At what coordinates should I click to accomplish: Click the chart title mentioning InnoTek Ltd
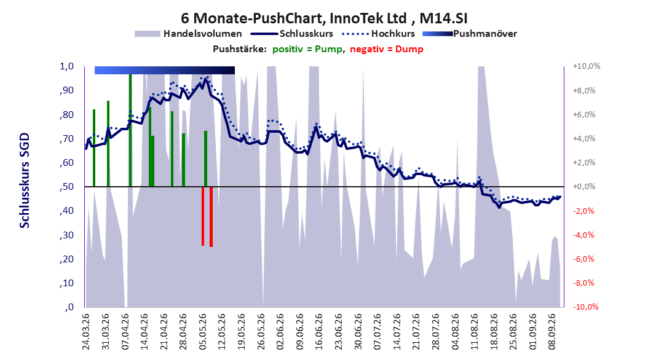click(x=324, y=18)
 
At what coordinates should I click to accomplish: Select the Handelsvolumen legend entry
click(x=188, y=34)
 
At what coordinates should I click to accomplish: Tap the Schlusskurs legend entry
click(x=292, y=34)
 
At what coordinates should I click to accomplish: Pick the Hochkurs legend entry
click(x=378, y=34)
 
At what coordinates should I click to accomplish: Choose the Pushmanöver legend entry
click(x=470, y=34)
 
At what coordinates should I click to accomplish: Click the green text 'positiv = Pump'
click(x=307, y=49)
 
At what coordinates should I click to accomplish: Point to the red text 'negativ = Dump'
click(x=387, y=49)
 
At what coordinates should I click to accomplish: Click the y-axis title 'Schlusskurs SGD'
click(x=25, y=181)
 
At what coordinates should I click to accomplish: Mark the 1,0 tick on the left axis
click(x=66, y=66)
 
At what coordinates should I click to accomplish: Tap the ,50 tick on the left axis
click(x=66, y=187)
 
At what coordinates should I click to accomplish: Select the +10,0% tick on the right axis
click(x=587, y=66)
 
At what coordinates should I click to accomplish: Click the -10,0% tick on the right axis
click(x=585, y=307)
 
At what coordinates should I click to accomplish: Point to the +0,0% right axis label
click(x=584, y=187)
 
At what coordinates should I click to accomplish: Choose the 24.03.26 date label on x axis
click(x=86, y=332)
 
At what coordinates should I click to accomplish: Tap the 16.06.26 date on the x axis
click(x=318, y=332)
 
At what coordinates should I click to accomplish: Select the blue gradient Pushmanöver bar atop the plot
click(x=165, y=70)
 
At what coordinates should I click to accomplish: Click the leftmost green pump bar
click(x=94, y=148)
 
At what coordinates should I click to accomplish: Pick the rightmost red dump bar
click(x=211, y=217)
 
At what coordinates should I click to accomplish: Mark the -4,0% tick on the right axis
click(x=584, y=235)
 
